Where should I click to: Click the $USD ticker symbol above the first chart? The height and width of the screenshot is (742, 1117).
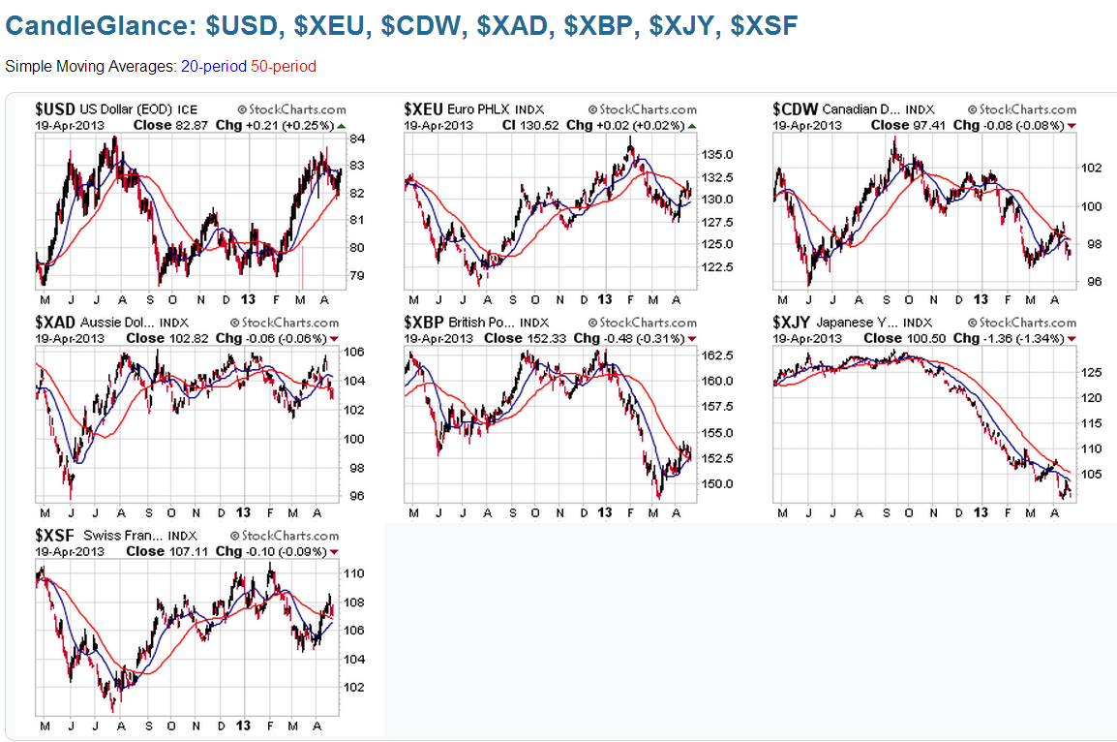pos(55,109)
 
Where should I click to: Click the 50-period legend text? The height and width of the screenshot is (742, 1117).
pos(283,67)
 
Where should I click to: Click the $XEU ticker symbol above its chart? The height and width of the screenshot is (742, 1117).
pos(424,109)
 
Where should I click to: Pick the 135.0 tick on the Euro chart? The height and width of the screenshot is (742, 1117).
pos(716,155)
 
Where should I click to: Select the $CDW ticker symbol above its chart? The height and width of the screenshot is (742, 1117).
pos(796,109)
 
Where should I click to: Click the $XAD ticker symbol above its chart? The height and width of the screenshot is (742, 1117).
pos(55,323)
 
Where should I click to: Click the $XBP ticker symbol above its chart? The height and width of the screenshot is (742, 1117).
pos(424,323)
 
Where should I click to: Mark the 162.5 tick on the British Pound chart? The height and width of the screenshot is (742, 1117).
pos(716,356)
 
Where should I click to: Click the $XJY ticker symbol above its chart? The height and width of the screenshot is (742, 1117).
pos(794,323)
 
